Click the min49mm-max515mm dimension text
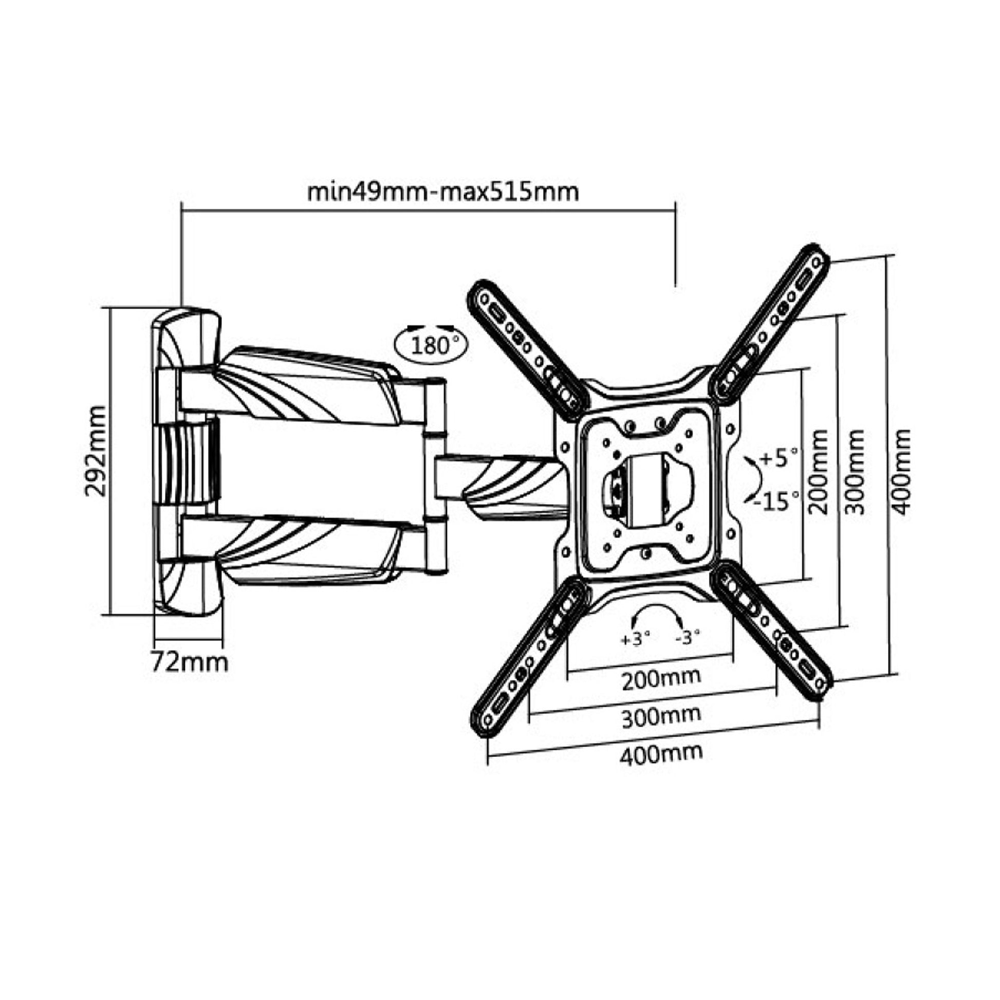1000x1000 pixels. pyautogui.click(x=443, y=192)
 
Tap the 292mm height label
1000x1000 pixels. pyautogui.click(x=95, y=451)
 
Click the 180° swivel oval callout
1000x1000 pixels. pyautogui.click(x=430, y=344)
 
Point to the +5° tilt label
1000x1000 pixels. pyautogui.click(x=779, y=458)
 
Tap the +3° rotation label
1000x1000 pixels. pyautogui.click(x=635, y=639)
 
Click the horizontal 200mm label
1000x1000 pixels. pyautogui.click(x=661, y=678)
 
